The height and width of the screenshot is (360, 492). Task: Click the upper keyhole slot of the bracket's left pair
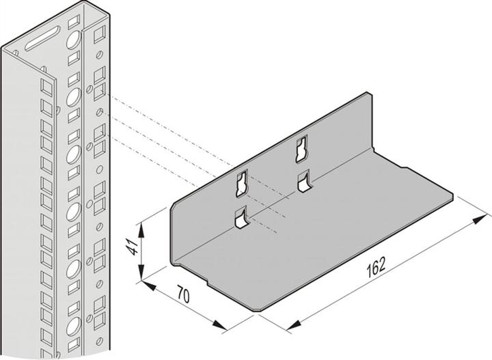pos(241,182)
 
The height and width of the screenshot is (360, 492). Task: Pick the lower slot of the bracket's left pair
pos(239,218)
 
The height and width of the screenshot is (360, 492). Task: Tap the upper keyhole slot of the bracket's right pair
pos(300,149)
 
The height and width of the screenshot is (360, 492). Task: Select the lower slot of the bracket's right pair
pos(302,181)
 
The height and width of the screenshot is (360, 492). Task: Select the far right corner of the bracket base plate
pos(453,197)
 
